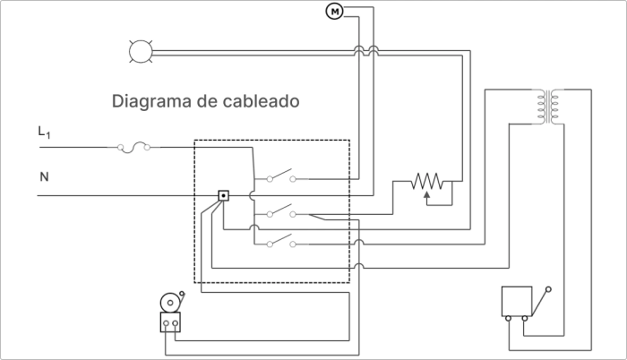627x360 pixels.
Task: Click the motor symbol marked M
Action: (x=334, y=12)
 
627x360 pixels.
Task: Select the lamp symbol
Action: (x=141, y=52)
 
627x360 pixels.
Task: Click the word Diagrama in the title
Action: (x=151, y=101)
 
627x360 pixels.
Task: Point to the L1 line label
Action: (x=44, y=133)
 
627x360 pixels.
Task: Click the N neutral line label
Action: (x=44, y=176)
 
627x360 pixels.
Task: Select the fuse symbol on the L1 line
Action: (x=133, y=147)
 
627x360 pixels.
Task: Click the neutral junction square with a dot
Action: (x=224, y=195)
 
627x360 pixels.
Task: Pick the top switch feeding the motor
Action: (x=281, y=176)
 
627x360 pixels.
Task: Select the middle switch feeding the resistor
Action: (x=281, y=211)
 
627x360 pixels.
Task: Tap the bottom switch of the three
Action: (x=281, y=241)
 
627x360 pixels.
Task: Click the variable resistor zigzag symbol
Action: (x=427, y=181)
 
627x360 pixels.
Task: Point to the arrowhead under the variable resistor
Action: (x=427, y=195)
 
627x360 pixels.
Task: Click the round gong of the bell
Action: (x=170, y=303)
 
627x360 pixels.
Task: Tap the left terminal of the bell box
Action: (x=166, y=322)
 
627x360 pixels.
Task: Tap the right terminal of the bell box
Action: (x=176, y=322)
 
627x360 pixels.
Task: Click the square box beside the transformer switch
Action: (x=517, y=301)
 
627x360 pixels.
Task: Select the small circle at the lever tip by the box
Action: (x=548, y=289)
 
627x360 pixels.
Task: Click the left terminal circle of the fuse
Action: (x=120, y=148)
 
